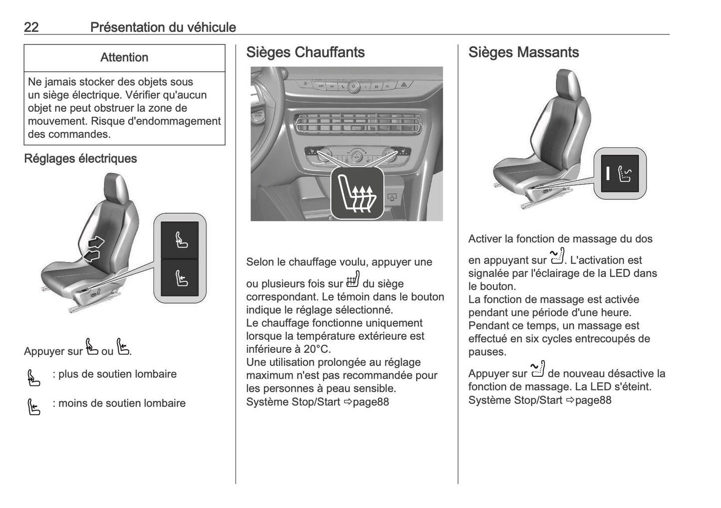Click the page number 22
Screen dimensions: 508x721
point(31,27)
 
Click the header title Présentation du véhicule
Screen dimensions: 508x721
point(163,27)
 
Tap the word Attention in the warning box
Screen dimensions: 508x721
point(124,57)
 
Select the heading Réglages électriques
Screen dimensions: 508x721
point(80,159)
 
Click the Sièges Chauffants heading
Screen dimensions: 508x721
point(305,52)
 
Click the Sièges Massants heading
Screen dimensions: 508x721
point(523,52)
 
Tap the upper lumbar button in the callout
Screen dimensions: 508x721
point(180,240)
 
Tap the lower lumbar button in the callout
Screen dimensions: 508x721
point(180,277)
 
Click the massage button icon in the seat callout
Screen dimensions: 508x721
point(624,174)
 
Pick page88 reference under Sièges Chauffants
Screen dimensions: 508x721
point(371,402)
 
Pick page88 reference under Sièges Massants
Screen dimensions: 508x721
point(593,400)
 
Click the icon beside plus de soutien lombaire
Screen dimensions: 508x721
point(33,378)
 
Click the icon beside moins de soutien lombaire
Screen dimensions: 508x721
point(33,407)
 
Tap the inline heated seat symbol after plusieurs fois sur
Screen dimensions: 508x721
point(353,280)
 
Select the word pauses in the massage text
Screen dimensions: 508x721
point(487,352)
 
